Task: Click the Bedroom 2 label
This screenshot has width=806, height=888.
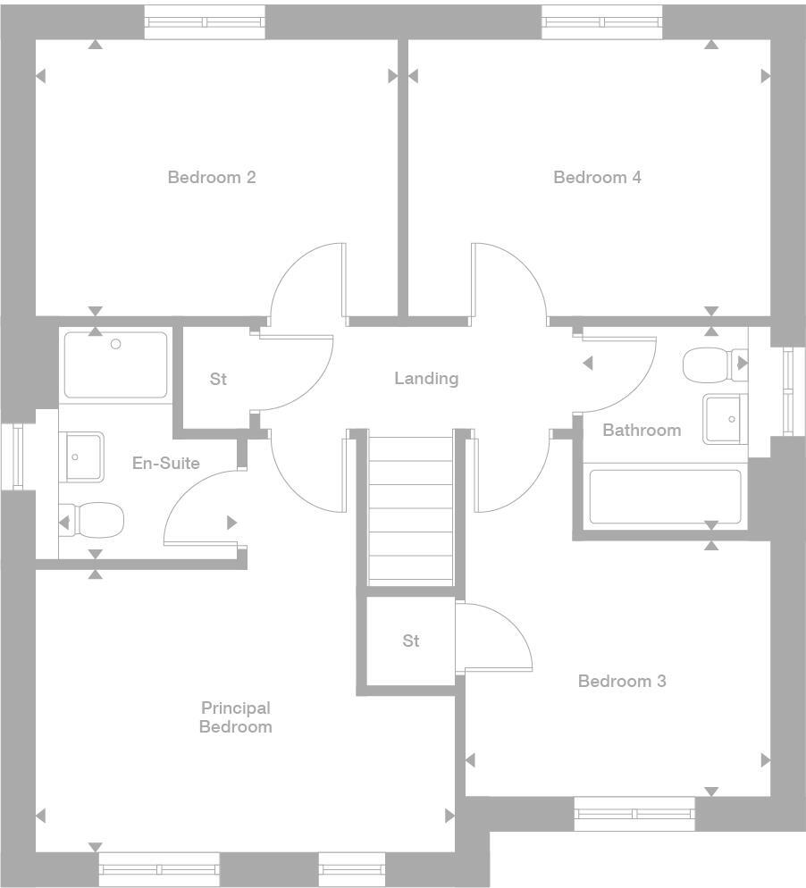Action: pyautogui.click(x=212, y=177)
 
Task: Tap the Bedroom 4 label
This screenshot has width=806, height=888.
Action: pyautogui.click(x=597, y=177)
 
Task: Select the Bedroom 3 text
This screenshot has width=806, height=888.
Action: pyautogui.click(x=622, y=681)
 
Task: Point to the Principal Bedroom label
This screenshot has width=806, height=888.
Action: pyautogui.click(x=235, y=717)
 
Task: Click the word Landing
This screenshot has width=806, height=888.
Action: pyautogui.click(x=426, y=378)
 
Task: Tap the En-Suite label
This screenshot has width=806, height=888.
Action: pyautogui.click(x=165, y=463)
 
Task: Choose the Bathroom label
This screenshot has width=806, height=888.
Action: pyautogui.click(x=642, y=430)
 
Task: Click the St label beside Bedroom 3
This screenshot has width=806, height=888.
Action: pyautogui.click(x=411, y=641)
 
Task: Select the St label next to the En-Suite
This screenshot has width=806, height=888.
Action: pyautogui.click(x=218, y=379)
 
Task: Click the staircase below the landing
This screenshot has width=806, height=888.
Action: pyautogui.click(x=411, y=509)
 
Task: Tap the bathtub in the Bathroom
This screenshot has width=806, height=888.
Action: pyautogui.click(x=665, y=497)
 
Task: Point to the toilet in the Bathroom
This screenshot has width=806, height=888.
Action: pyautogui.click(x=713, y=364)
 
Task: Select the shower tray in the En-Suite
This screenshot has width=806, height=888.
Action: pyautogui.click(x=114, y=364)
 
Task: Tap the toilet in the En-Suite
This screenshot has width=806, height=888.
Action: pyautogui.click(x=94, y=519)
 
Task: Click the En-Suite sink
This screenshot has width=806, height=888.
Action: pyautogui.click(x=80, y=457)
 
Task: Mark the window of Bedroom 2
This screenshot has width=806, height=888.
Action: pyautogui.click(x=205, y=21)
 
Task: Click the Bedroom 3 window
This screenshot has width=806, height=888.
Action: pyautogui.click(x=634, y=813)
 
